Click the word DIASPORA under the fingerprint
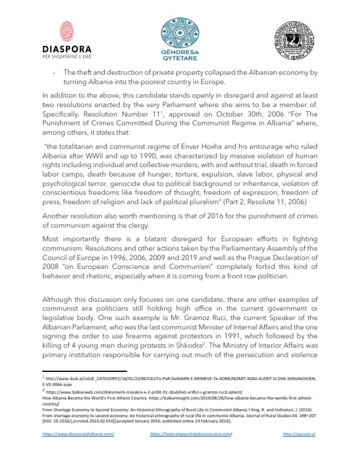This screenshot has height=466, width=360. pos(68,49)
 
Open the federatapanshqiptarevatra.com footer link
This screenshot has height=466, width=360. pos(191,450)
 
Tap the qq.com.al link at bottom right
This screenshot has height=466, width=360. pos(297,450)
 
